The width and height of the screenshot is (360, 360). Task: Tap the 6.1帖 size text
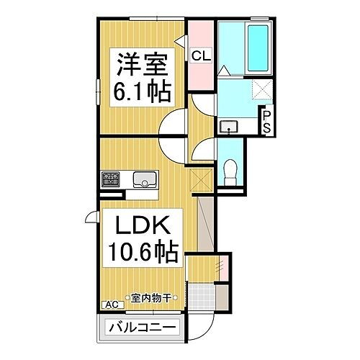(x=143, y=92)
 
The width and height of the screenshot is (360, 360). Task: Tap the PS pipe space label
(x=266, y=119)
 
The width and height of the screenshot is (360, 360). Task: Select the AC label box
(x=111, y=305)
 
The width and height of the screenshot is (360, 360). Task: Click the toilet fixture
(x=230, y=171)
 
